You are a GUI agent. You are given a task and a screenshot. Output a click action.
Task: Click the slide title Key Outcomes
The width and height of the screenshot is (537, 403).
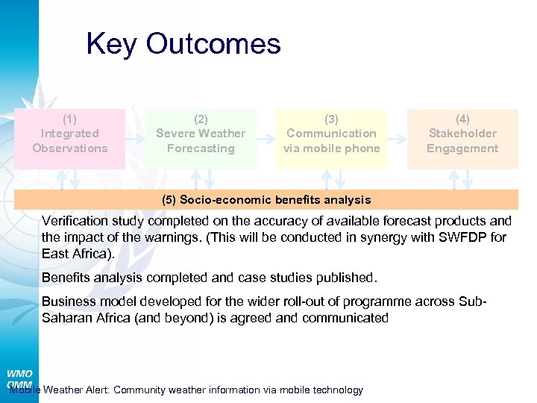(183, 44)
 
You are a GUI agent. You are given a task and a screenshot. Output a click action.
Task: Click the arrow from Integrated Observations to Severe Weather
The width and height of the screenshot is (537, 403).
(135, 139)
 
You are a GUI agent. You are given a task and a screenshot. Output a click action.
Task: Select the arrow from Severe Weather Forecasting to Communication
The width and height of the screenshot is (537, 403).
(266, 139)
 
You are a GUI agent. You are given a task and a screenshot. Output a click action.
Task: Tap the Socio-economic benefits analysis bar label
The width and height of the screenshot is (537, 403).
(266, 200)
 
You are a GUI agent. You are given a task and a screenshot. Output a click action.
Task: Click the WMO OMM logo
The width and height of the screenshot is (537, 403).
(19, 379)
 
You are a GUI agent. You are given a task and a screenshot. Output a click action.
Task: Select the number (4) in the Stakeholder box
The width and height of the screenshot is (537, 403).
(462, 119)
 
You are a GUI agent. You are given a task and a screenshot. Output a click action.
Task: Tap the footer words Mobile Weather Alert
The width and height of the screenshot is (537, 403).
(60, 390)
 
